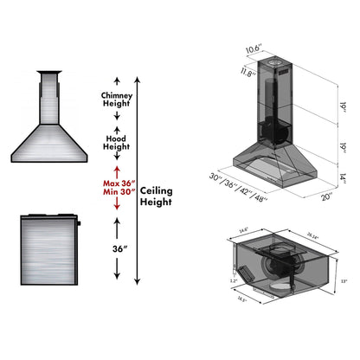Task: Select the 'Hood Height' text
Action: [117, 142]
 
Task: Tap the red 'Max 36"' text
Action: [117, 183]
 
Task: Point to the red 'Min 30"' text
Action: [117, 194]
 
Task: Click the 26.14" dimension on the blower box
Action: [309, 232]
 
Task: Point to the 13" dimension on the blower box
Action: [344, 280]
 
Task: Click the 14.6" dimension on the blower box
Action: [243, 230]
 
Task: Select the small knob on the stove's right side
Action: [79, 223]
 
